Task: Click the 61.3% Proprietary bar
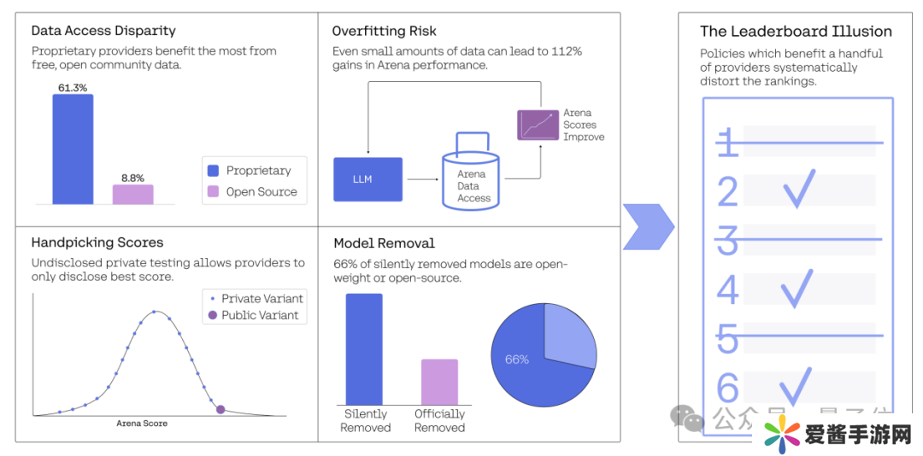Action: (73, 149)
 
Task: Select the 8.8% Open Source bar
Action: (132, 195)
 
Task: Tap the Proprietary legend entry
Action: (250, 171)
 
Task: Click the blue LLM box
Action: (367, 179)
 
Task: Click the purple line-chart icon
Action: (538, 125)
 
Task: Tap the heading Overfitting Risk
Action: (384, 32)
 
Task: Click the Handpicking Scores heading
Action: (97, 243)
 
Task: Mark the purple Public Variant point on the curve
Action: (220, 410)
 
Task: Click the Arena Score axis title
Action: (142, 424)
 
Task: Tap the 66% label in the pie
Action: (517, 360)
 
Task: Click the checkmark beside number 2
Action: (799, 189)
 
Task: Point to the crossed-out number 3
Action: (727, 240)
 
